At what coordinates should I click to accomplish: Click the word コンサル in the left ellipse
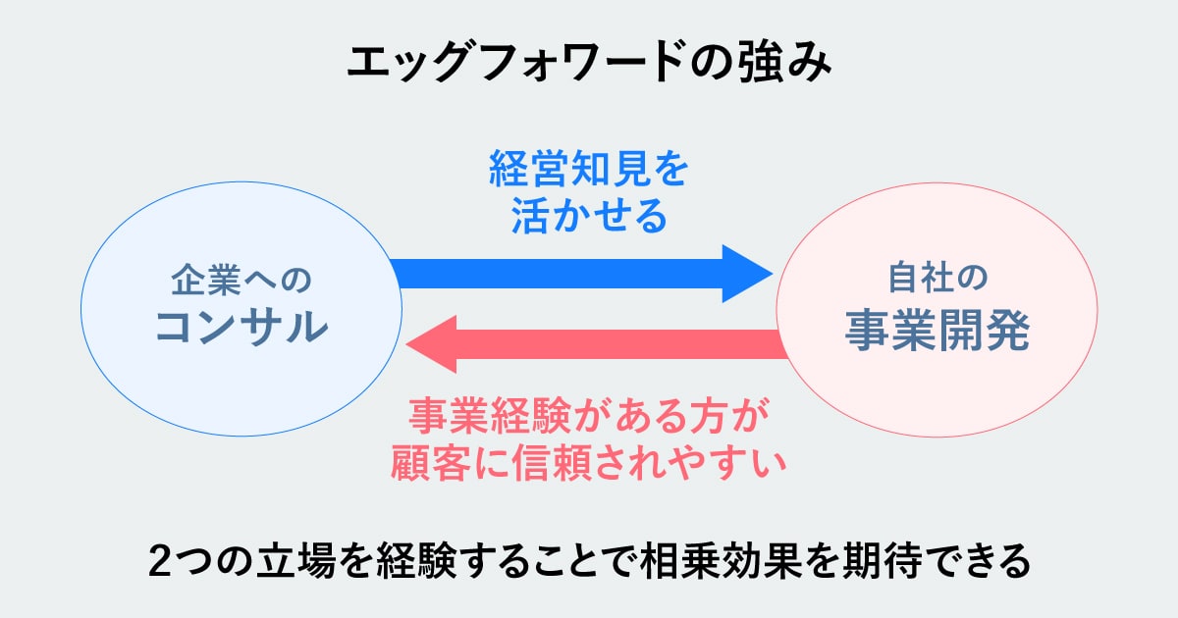(241, 327)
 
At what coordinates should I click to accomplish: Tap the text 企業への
(241, 280)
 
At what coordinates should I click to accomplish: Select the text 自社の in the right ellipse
(937, 280)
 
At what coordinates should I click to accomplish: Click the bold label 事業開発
(937, 334)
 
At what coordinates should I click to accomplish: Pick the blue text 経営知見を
(589, 172)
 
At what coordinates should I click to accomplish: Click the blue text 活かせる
(589, 217)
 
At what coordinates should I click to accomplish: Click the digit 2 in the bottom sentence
(160, 561)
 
